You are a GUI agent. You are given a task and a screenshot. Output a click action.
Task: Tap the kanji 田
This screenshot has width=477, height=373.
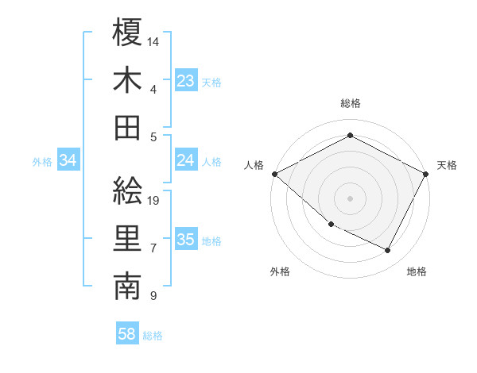point(127,127)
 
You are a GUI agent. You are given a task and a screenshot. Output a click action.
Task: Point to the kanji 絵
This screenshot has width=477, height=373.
point(127,190)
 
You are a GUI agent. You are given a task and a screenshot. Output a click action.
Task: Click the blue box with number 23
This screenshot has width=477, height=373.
point(185,81)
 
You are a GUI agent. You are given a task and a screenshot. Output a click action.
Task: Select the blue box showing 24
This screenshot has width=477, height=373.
point(185,161)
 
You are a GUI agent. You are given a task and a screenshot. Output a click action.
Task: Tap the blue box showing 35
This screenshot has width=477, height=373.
point(185,240)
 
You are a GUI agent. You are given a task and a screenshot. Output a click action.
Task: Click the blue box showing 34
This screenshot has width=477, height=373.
point(68,161)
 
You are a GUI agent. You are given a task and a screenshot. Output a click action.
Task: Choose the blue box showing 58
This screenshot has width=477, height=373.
point(126,335)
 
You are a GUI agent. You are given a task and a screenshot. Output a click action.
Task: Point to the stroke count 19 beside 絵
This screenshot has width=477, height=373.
point(153,200)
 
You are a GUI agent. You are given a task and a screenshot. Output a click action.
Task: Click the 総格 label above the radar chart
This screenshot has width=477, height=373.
point(351,103)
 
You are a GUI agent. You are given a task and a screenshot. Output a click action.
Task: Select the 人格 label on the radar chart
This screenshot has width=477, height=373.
point(254,165)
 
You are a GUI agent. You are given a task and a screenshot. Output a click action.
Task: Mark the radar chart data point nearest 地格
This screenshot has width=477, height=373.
point(388,251)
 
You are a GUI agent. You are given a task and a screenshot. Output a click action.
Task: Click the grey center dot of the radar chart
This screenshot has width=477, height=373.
point(351,198)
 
